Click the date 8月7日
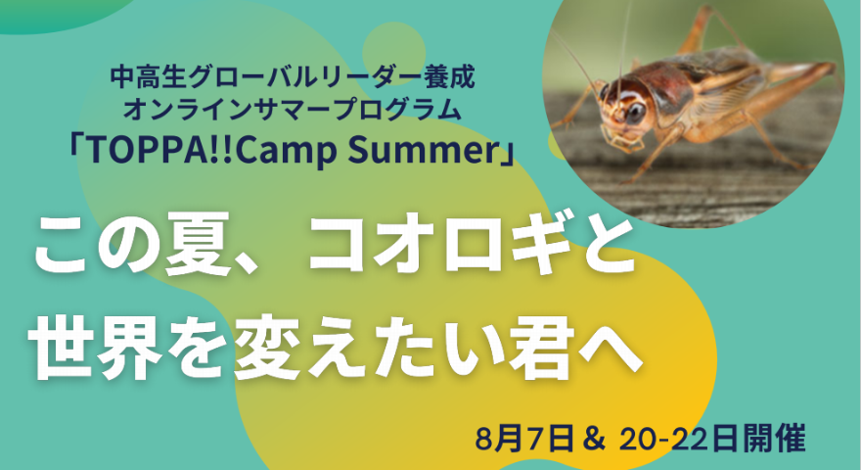[525, 440]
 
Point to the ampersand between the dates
[595, 440]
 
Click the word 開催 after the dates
[774, 440]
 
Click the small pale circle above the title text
[393, 47]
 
